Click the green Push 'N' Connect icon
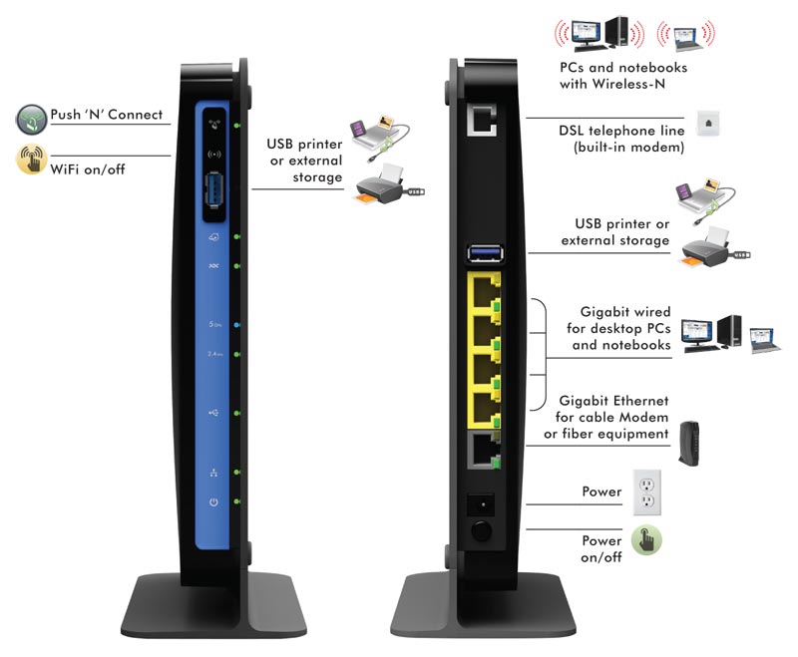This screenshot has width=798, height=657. point(32,121)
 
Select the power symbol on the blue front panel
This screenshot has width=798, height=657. point(213,502)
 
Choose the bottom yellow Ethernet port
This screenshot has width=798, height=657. point(483,407)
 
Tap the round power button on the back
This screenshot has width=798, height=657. point(482,529)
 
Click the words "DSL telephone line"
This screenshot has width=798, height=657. point(613,132)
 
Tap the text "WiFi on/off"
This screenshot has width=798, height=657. point(88,168)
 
